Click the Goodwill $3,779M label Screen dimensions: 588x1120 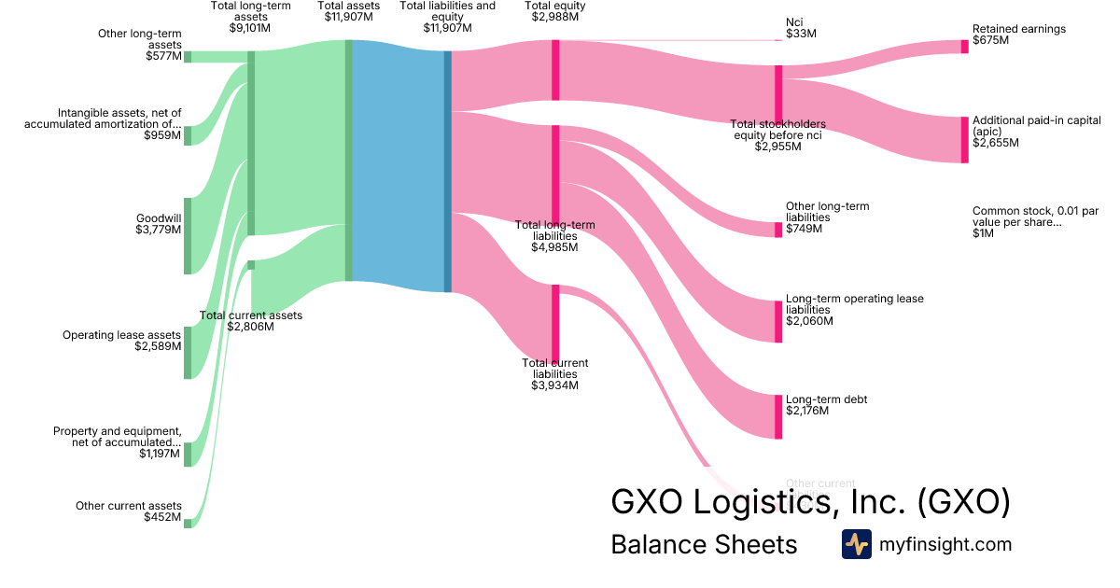tap(157, 225)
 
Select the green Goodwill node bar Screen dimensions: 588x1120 tap(187, 236)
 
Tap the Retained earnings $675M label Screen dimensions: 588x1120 tap(1018, 35)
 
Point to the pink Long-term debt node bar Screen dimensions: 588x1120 tap(778, 416)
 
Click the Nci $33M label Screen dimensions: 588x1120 tap(801, 27)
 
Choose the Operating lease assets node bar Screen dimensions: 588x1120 tap(187, 353)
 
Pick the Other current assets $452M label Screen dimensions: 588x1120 tap(129, 511)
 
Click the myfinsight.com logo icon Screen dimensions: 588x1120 tap(856, 544)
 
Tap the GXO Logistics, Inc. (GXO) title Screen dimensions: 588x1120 tap(810, 502)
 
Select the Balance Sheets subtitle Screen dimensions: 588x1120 tap(704, 545)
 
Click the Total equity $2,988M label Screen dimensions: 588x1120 tap(555, 11)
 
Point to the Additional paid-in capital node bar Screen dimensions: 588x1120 tap(965, 140)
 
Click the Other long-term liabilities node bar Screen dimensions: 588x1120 tap(778, 230)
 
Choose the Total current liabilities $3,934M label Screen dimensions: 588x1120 tap(554, 373)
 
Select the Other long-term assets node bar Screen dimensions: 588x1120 tap(187, 56)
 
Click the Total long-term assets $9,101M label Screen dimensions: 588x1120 tap(250, 17)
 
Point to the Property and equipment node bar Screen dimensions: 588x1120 tap(187, 455)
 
